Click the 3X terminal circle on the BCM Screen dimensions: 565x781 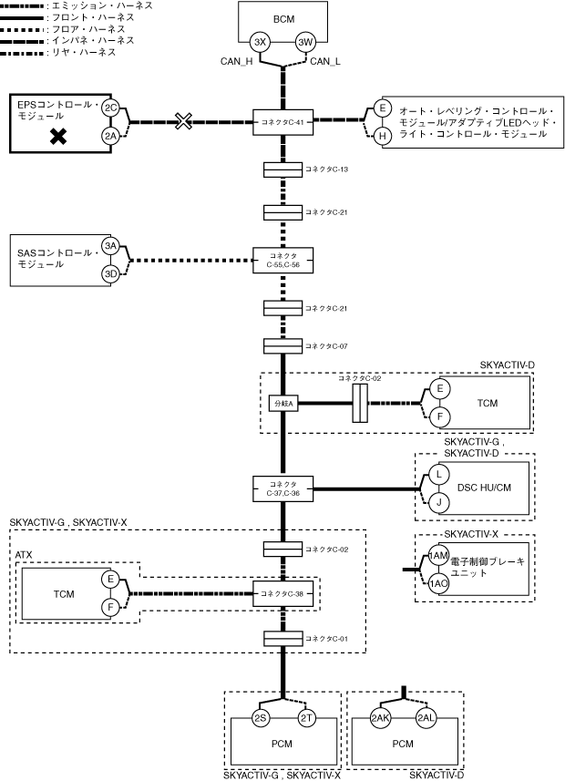pyautogui.click(x=260, y=42)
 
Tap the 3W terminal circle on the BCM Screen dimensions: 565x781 pyautogui.click(x=305, y=42)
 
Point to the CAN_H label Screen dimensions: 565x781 pyautogui.click(x=237, y=62)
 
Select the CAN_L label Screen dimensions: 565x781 pyautogui.click(x=325, y=62)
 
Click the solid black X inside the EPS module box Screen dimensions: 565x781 pyautogui.click(x=58, y=136)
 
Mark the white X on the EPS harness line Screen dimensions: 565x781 pyautogui.click(x=183, y=121)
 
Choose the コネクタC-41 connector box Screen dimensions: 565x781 pyautogui.click(x=283, y=122)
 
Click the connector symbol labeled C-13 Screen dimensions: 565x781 pyautogui.click(x=283, y=170)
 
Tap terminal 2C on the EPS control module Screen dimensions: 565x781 pyautogui.click(x=110, y=108)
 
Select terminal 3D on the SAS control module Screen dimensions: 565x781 pyautogui.click(x=110, y=274)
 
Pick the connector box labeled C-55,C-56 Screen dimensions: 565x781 pyautogui.click(x=283, y=260)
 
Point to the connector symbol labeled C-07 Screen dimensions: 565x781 pyautogui.click(x=283, y=346)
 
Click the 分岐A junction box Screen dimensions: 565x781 pyautogui.click(x=284, y=404)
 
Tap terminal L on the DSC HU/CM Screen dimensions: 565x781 pyautogui.click(x=439, y=475)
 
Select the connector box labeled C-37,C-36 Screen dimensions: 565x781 pyautogui.click(x=283, y=489)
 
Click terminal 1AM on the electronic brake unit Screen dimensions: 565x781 pyautogui.click(x=438, y=556)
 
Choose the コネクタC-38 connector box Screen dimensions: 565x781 pyautogui.click(x=283, y=593)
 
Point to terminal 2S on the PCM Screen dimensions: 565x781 pyautogui.click(x=261, y=718)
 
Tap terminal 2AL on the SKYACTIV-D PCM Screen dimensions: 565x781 pyautogui.click(x=426, y=718)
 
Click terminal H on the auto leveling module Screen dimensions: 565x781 pyautogui.click(x=383, y=136)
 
